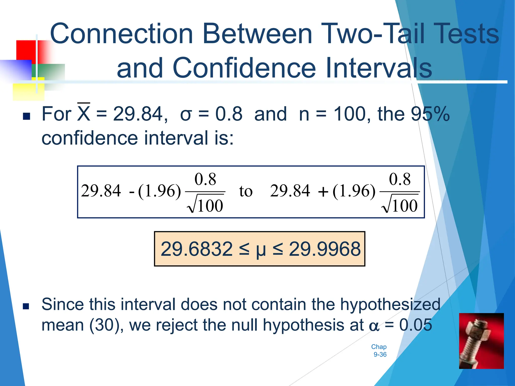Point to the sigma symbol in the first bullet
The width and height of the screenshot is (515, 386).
pos(186,114)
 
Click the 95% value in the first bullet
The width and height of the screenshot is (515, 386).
pos(430,114)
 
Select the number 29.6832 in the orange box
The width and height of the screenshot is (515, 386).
pos(197,249)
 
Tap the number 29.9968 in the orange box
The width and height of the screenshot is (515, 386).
pos(325,249)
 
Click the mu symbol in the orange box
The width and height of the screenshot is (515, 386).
pos(261,250)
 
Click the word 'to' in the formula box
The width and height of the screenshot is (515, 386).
pos(246,191)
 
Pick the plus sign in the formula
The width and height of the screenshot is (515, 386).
pos(323,192)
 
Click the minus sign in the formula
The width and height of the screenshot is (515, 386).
pos(132,192)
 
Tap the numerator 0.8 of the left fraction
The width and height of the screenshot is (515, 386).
pos(205,179)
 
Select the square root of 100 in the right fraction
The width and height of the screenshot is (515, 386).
pos(400,205)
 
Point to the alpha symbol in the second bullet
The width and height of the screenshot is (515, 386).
pos(374,326)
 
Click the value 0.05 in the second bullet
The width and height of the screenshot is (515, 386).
pos(416,325)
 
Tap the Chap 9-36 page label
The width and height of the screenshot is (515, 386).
pos(379,351)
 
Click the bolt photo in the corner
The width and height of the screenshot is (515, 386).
pos(481,341)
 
